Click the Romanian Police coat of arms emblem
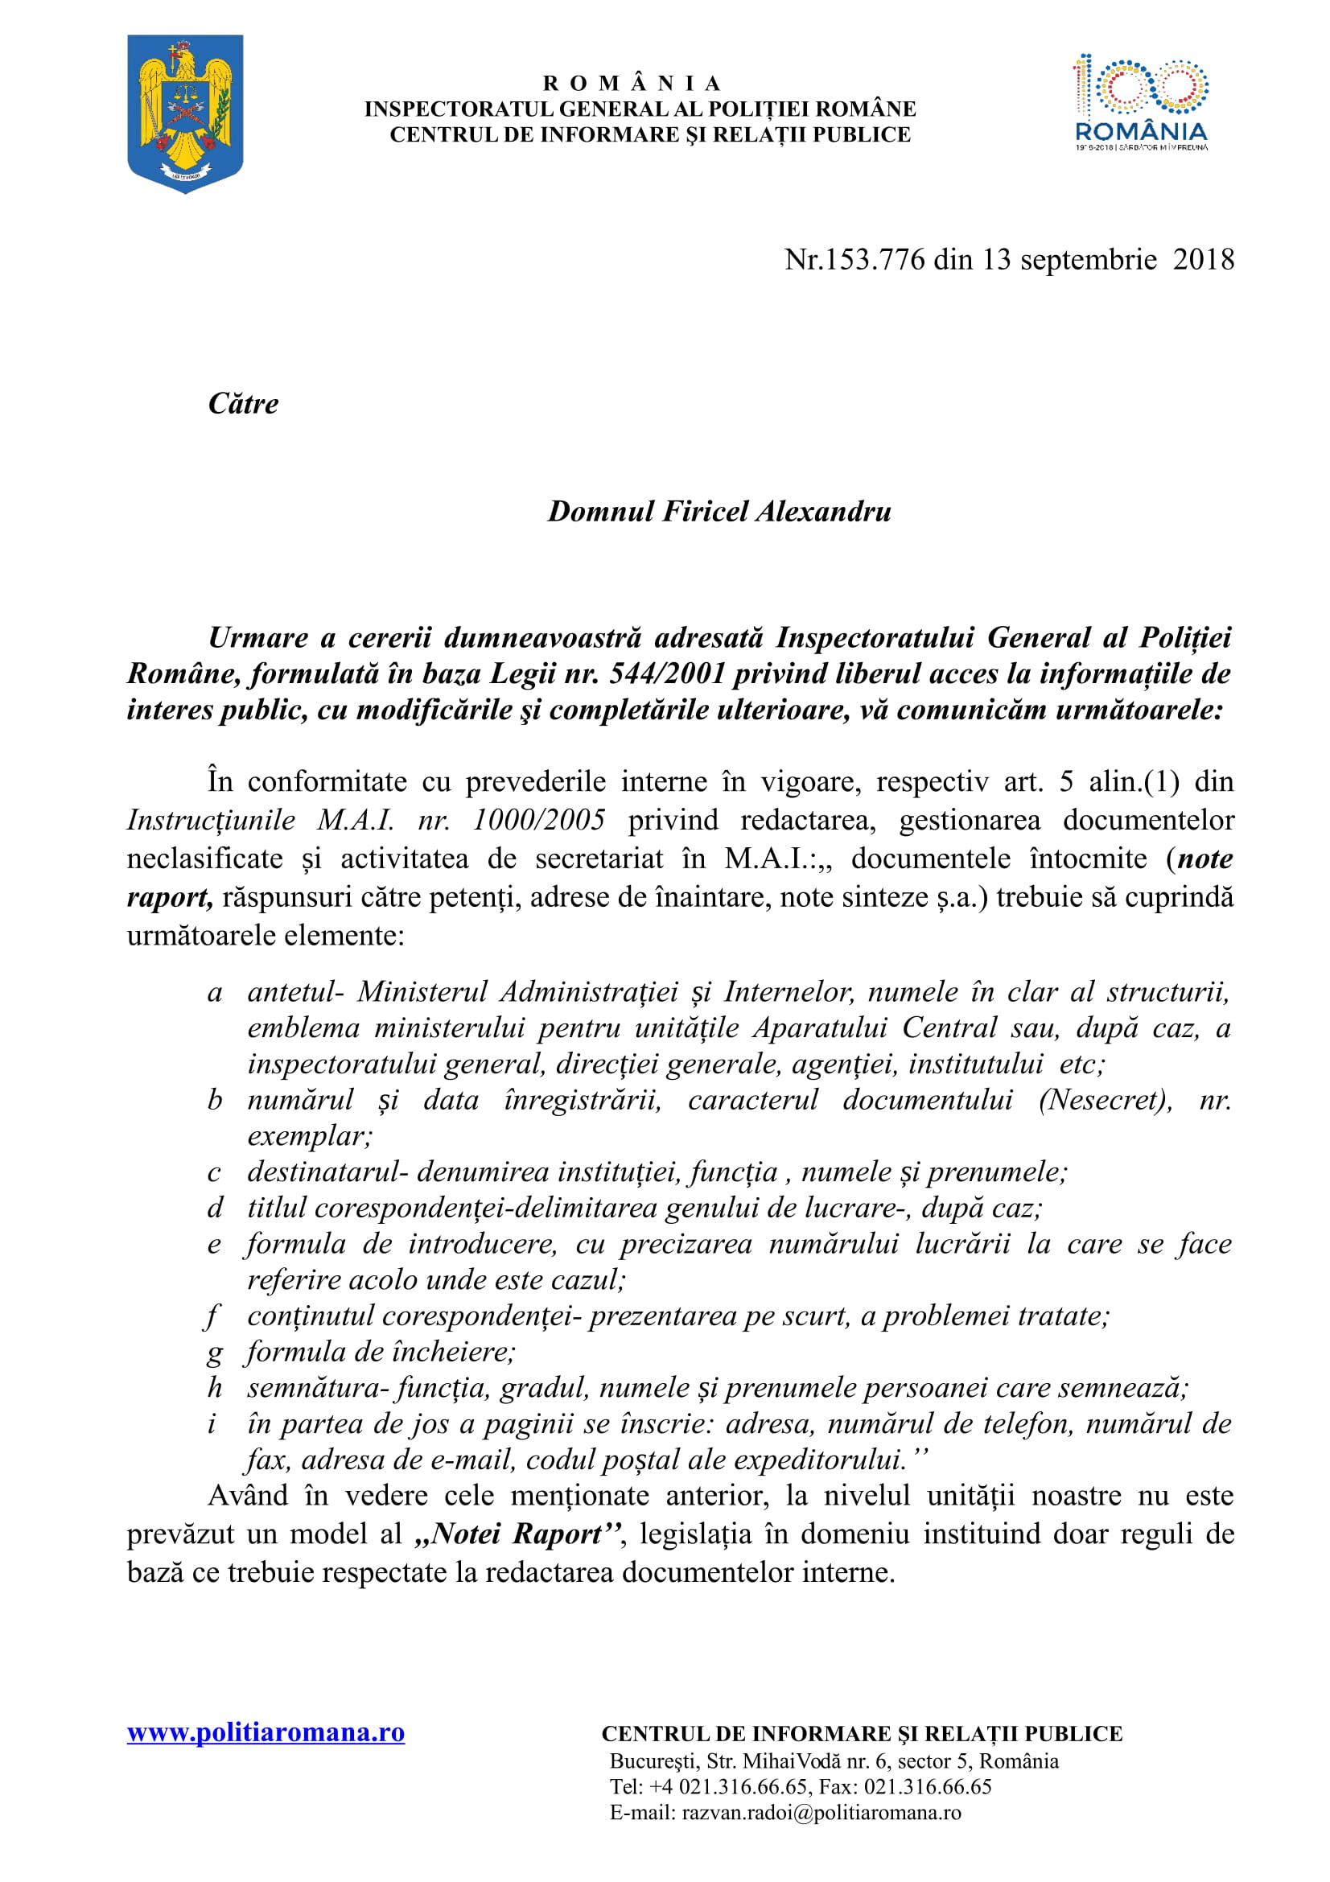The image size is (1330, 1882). pos(185,113)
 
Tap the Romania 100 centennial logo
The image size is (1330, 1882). pos(1141,102)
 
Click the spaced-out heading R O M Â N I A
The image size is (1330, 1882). pos(632,84)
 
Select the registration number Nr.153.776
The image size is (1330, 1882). pos(854,260)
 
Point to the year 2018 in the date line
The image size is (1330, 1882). pos(1203,260)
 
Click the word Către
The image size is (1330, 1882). pos(243,403)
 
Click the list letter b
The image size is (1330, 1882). pos(215,1100)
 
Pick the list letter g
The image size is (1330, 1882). pos(215,1353)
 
